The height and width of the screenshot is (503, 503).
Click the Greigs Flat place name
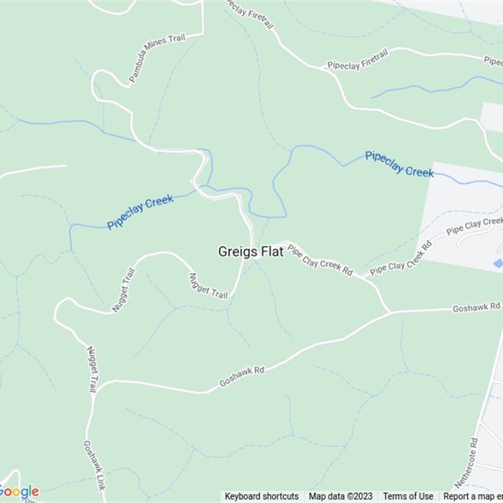[250, 251]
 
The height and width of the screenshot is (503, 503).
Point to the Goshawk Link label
[92, 466]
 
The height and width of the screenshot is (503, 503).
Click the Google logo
[19, 491]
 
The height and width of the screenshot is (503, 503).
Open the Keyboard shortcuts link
[262, 496]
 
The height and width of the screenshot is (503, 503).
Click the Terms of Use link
[408, 496]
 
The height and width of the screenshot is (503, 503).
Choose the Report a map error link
[472, 496]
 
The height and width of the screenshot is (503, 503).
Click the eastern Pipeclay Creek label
[399, 163]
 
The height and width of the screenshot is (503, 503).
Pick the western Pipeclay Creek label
[140, 213]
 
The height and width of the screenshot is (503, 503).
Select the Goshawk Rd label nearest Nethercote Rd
[477, 307]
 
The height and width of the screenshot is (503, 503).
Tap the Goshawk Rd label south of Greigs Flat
[241, 377]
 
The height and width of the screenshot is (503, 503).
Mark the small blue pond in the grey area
[499, 263]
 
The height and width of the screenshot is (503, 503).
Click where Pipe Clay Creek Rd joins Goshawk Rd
[390, 312]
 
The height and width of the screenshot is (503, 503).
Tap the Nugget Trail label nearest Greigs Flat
[208, 286]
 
